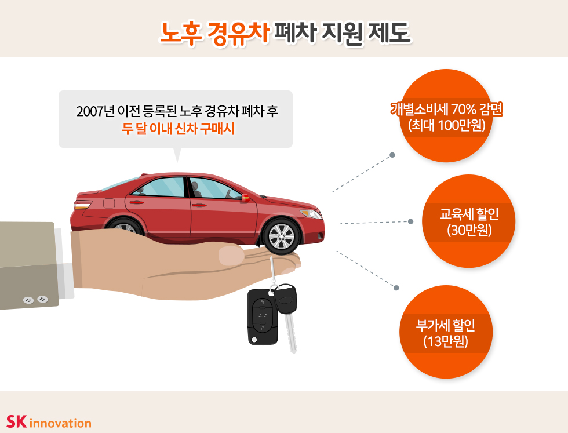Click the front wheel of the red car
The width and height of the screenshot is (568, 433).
[x=282, y=236]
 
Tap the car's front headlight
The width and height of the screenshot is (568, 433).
[x=310, y=214]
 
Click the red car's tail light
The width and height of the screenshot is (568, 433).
[x=82, y=205]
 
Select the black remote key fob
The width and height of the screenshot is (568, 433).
[x=263, y=316]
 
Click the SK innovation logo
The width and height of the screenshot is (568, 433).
[x=49, y=422]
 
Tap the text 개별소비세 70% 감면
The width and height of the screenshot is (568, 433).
[x=446, y=109]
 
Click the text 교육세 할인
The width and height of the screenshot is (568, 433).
[x=469, y=214]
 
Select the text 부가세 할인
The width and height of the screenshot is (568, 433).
[x=446, y=325]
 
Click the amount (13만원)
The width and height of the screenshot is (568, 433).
[x=446, y=341]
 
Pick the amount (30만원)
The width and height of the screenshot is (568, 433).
[x=469, y=230]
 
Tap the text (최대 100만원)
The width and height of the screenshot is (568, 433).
[x=447, y=125]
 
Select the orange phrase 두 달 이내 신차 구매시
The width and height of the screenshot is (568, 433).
[x=178, y=129]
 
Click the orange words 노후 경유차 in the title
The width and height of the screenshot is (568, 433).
[x=214, y=33]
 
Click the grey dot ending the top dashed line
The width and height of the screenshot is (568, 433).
[x=392, y=155]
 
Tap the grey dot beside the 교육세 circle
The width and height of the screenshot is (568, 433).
[x=410, y=221]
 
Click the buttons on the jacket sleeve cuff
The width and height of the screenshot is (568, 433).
[x=35, y=300]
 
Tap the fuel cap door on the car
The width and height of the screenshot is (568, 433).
[x=109, y=203]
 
